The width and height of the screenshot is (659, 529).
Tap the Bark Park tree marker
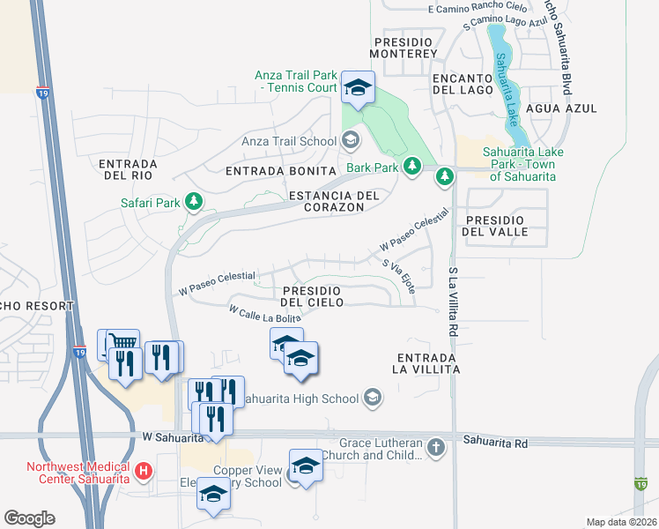click(411, 166)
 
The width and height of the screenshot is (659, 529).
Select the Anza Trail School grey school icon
click(351, 141)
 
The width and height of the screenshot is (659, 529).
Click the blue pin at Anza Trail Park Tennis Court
click(358, 89)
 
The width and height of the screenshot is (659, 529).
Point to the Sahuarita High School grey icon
click(373, 399)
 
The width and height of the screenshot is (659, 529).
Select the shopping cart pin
click(123, 343)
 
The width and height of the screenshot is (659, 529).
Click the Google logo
click(29, 518)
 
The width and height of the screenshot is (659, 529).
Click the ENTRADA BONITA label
click(281, 171)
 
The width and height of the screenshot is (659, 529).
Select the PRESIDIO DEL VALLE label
click(509, 226)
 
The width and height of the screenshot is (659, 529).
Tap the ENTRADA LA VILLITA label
click(428, 363)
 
